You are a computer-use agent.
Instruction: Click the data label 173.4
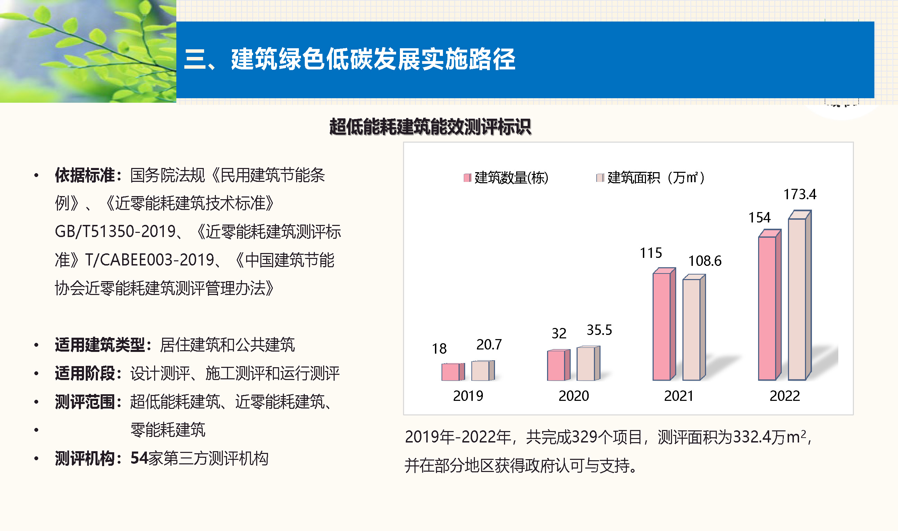tap(800, 195)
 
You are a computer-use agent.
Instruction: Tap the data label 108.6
tap(705, 261)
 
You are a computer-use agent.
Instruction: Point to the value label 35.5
tap(599, 330)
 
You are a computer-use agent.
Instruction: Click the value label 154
tap(759, 218)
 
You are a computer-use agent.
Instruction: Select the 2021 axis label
tap(679, 396)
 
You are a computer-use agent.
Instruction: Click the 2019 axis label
tap(468, 396)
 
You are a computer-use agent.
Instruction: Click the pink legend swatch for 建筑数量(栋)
tap(467, 178)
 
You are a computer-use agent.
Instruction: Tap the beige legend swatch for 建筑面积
tap(600, 178)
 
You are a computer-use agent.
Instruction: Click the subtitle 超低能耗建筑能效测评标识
tap(430, 127)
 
